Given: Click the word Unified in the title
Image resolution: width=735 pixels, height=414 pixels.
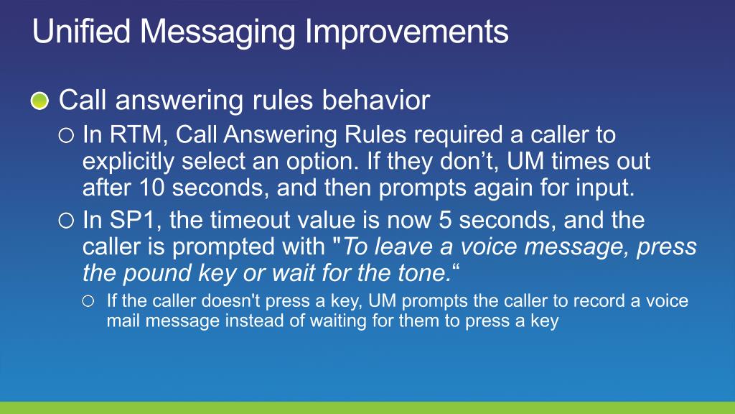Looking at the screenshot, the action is [81, 32].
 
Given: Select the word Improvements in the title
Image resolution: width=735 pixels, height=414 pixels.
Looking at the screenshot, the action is [406, 32].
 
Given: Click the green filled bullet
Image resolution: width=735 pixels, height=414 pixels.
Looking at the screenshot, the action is [40, 101].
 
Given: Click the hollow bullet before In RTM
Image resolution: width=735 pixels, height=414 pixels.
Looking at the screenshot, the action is [66, 136].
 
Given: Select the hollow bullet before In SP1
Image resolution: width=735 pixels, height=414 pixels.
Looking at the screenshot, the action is [66, 221].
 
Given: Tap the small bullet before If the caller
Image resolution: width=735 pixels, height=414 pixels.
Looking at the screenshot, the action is [88, 301].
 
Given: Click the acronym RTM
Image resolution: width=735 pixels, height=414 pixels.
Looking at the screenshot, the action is [136, 134].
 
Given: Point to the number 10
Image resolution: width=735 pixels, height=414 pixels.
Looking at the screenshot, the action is [152, 188].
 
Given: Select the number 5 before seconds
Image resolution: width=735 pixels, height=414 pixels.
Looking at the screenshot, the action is [445, 220].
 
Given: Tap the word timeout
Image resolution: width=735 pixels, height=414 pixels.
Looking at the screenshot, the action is [253, 220].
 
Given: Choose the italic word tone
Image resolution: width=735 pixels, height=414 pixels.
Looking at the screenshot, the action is [425, 272].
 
